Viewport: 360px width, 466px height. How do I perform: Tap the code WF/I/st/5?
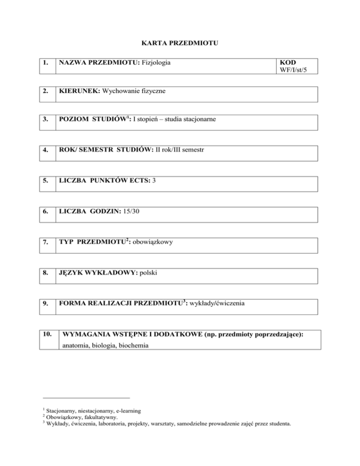click(x=294, y=70)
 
